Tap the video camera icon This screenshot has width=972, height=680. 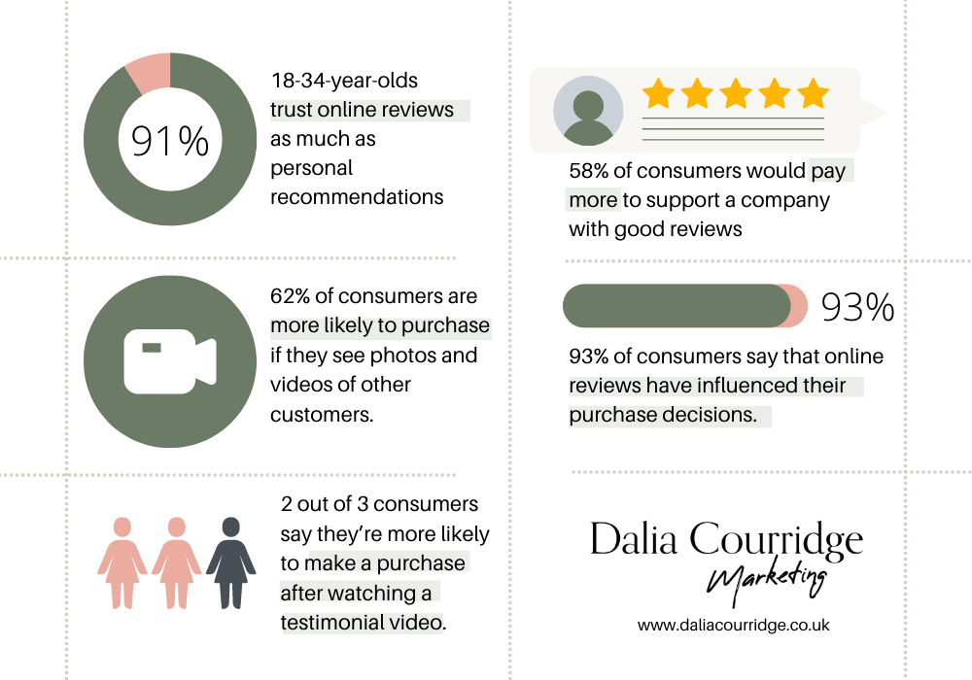click(x=169, y=361)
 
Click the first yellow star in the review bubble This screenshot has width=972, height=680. click(x=658, y=93)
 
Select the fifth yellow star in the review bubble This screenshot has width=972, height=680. click(x=813, y=93)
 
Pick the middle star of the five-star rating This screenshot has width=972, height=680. click(x=736, y=93)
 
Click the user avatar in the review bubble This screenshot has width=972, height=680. click(x=588, y=111)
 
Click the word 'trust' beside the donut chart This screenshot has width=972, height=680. click(x=292, y=111)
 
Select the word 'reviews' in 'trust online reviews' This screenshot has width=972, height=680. click(x=418, y=111)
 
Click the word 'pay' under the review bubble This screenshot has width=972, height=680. click(x=828, y=172)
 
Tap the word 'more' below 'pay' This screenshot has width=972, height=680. click(x=593, y=200)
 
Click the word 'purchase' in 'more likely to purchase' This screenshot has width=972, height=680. click(x=446, y=326)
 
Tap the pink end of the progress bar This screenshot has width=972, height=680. click(x=800, y=306)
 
